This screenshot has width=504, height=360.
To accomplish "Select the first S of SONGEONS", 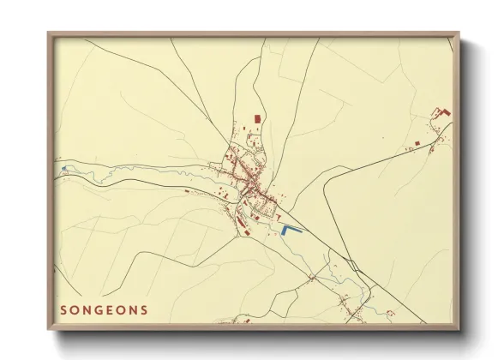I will click(63, 309).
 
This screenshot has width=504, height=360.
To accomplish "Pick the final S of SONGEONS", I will click(143, 309).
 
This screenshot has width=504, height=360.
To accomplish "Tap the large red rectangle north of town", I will click(256, 118).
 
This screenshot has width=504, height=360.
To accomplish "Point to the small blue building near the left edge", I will click(63, 168).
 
